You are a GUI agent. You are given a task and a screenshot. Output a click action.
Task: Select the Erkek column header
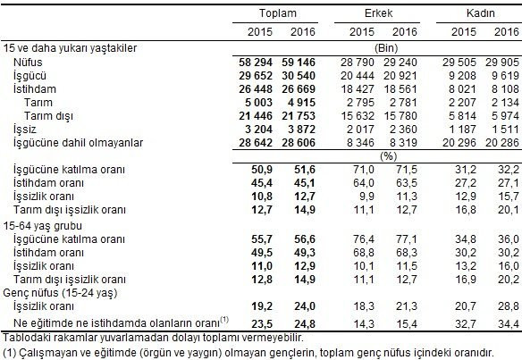click(376, 14)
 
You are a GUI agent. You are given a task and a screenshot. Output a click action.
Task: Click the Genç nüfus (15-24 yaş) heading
click(57, 292)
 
